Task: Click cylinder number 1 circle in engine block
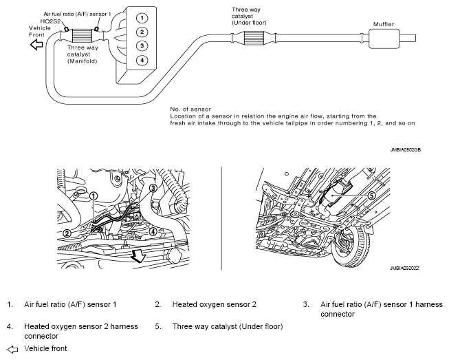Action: pos(140,17)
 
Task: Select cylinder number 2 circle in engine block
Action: pos(140,32)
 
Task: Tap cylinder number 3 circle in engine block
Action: pos(140,45)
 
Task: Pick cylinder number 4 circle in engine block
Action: pos(140,60)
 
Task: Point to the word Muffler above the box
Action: pos(384,23)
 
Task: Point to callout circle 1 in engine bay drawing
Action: pos(94,195)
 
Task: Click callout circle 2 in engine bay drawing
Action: pos(67,233)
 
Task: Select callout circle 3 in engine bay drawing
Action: pos(153,187)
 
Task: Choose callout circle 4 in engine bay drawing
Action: pos(153,231)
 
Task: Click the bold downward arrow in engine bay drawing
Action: pos(140,256)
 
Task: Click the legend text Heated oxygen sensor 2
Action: pos(214,304)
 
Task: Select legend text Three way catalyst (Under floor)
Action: pos(227,326)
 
